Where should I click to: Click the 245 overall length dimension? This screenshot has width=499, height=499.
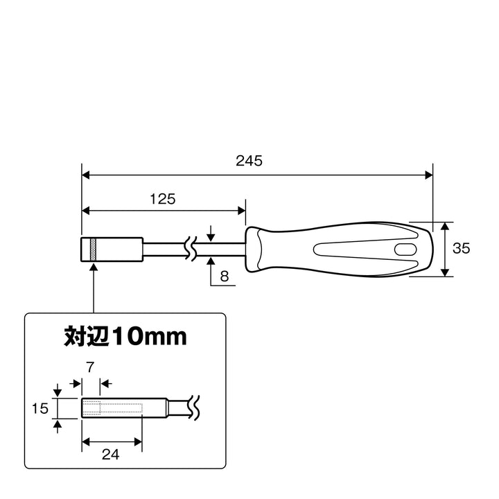pyautogui.click(x=249, y=161)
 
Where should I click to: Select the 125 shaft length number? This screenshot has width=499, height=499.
pyautogui.click(x=163, y=199)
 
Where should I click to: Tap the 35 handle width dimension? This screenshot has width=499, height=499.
pyautogui.click(x=461, y=248)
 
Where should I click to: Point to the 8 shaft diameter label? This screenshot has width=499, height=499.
pyautogui.click(x=225, y=277)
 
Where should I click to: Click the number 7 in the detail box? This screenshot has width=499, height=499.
pyautogui.click(x=90, y=367)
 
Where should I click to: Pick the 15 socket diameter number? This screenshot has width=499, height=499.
pyautogui.click(x=40, y=408)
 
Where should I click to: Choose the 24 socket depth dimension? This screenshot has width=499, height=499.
pyautogui.click(x=110, y=455)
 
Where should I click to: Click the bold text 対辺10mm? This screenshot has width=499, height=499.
pyautogui.click(x=125, y=336)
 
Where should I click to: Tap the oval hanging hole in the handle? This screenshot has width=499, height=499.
pyautogui.click(x=405, y=249)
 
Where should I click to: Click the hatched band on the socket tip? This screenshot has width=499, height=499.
pyautogui.click(x=94, y=249)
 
